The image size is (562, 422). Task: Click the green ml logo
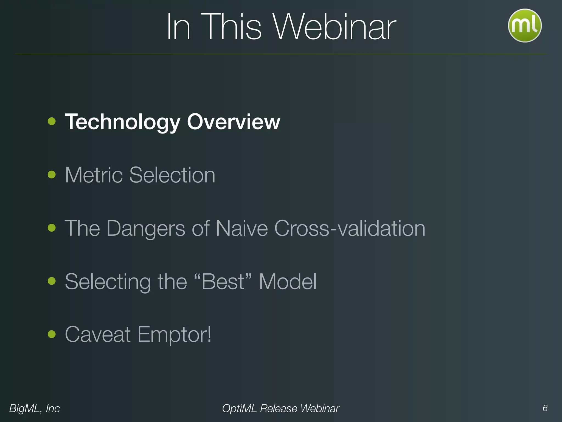tap(524, 26)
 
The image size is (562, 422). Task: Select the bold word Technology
tap(123, 122)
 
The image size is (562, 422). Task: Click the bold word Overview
tap(234, 122)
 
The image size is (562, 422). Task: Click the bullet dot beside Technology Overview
tap(52, 121)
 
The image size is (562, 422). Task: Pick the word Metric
tap(94, 175)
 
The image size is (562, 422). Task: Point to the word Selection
tap(172, 175)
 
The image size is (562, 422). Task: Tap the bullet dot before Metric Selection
tap(52, 174)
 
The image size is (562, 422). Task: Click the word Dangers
tap(146, 228)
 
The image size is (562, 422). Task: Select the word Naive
tap(241, 228)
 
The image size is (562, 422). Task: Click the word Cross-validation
tap(350, 228)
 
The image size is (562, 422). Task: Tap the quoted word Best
tap(223, 282)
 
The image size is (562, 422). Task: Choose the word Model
tap(288, 282)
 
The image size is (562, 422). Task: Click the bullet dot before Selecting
tap(52, 281)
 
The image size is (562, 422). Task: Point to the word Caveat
tap(98, 334)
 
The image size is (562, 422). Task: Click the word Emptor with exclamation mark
tap(174, 335)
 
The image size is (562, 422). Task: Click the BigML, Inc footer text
tap(35, 409)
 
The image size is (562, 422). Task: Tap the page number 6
tap(545, 408)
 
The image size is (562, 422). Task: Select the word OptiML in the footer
tap(239, 409)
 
